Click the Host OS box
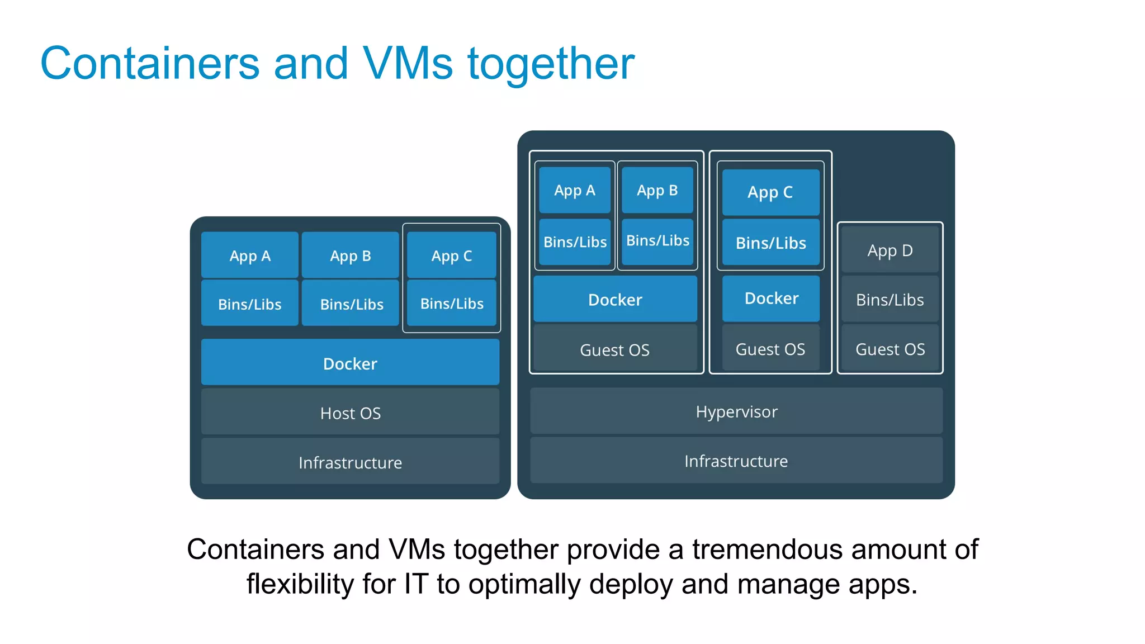[350, 413]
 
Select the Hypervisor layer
[736, 411]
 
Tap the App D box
[889, 250]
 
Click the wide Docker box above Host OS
[350, 363]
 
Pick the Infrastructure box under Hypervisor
[736, 461]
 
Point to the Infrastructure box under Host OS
[350, 462]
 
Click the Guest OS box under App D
[889, 349]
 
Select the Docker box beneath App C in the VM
[771, 298]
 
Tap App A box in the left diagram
[250, 255]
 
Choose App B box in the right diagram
[657, 190]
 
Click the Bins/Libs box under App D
[889, 300]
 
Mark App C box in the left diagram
[451, 255]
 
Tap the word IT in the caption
[416, 584]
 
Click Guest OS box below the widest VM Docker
[614, 349]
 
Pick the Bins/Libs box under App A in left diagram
[250, 304]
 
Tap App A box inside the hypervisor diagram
[574, 190]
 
